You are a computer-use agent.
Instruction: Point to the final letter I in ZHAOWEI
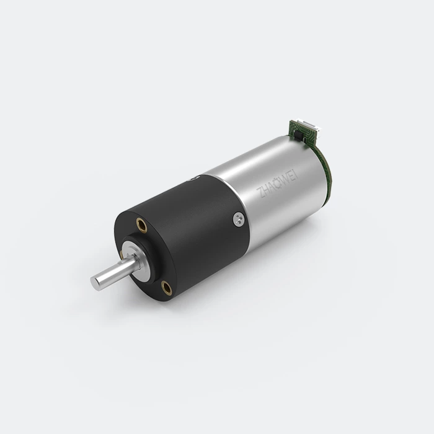[x=297, y=174]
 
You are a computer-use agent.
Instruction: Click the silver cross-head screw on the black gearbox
[x=239, y=219]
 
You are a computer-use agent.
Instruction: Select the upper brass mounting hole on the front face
[x=141, y=224]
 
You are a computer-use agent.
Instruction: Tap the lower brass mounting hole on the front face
[x=167, y=288]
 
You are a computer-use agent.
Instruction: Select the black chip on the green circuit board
[x=298, y=135]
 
